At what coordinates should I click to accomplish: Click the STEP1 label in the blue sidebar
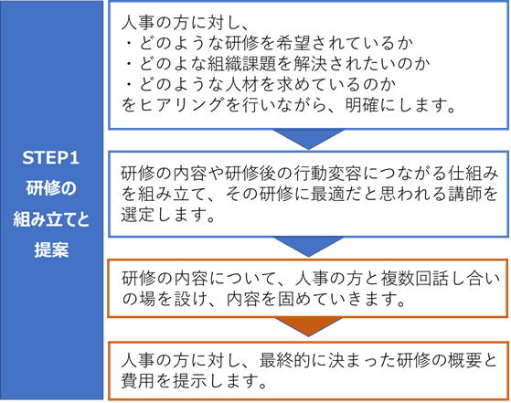pyautogui.click(x=51, y=158)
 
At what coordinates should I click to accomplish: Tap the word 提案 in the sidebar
pyautogui.click(x=51, y=249)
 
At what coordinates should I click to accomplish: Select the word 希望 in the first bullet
pyautogui.click(x=293, y=43)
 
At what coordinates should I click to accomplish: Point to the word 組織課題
pyautogui.click(x=242, y=64)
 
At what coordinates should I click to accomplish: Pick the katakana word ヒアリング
pyautogui.click(x=181, y=105)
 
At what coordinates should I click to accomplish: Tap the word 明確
pyautogui.click(x=362, y=105)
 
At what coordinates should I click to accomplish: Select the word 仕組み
pyautogui.click(x=473, y=174)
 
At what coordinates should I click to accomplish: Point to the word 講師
pyautogui.click(x=464, y=194)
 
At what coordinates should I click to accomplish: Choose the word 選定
pyautogui.click(x=138, y=215)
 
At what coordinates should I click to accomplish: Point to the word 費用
pyautogui.click(x=138, y=381)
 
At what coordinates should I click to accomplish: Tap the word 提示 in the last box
pyautogui.click(x=189, y=381)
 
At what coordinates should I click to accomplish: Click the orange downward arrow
pyautogui.click(x=308, y=326)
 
